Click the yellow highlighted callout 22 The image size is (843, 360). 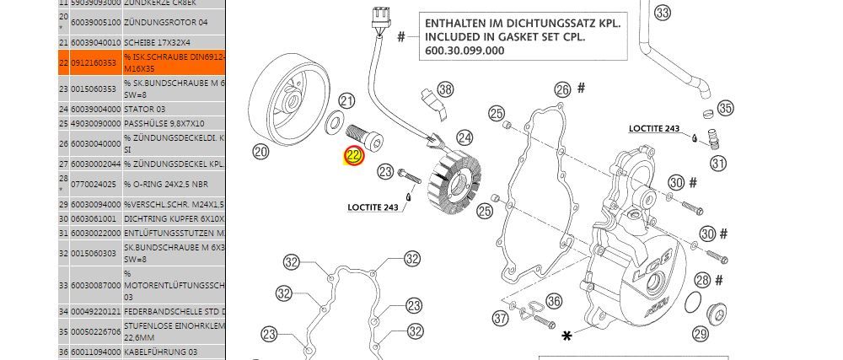(x=353, y=156)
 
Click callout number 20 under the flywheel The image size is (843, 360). (x=260, y=152)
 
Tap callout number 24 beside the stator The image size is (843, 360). (x=464, y=137)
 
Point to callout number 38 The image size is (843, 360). (x=445, y=89)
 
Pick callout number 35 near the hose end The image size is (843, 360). (x=725, y=109)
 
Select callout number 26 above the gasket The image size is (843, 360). (x=563, y=90)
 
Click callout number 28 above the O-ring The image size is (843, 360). (x=702, y=281)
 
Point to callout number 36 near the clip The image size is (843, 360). (x=553, y=301)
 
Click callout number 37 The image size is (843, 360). (x=502, y=318)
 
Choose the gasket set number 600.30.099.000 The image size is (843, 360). (x=459, y=50)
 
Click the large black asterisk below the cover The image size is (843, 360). (x=567, y=336)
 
